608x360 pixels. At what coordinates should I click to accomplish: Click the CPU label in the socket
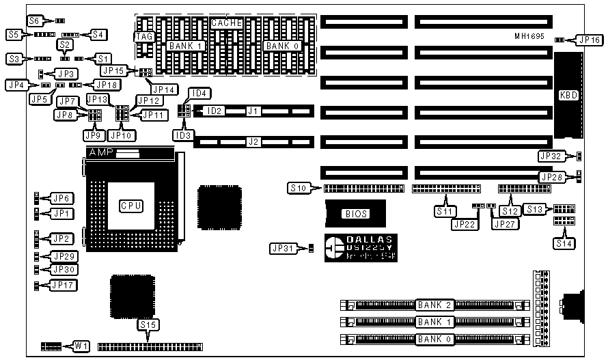[131, 205]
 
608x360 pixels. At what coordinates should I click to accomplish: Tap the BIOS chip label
[355, 214]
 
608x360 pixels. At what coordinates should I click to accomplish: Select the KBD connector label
[568, 95]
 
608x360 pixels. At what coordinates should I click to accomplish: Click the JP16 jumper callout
[588, 40]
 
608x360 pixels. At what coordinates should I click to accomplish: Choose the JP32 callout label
[551, 156]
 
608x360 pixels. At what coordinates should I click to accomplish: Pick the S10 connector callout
[299, 187]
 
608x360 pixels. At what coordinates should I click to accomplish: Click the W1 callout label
[81, 346]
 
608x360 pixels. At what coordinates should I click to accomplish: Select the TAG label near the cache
[143, 36]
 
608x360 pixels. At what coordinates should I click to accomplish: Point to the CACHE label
[227, 23]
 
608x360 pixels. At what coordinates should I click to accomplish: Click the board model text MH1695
[529, 36]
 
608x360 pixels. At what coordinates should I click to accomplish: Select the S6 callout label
[34, 20]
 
